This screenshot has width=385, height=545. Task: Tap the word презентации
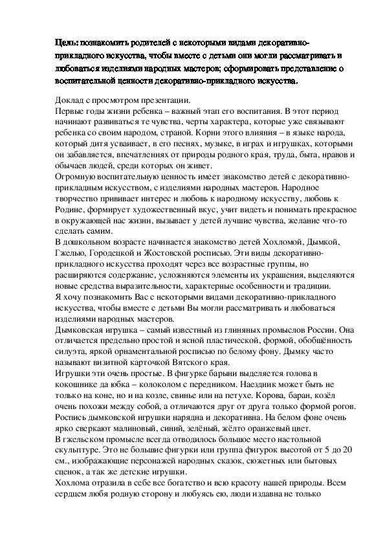pos(162,101)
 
